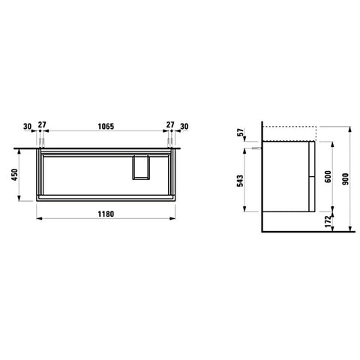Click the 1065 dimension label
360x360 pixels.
[x=106, y=126]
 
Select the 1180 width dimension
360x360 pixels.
[x=106, y=214]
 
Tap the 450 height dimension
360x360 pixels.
[x=15, y=175]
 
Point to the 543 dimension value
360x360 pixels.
[x=240, y=181]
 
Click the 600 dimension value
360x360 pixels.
[x=328, y=176]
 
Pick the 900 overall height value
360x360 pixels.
[x=345, y=178]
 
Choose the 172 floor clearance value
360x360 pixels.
[x=328, y=221]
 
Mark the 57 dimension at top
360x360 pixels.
[x=240, y=132]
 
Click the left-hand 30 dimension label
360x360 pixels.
[x=27, y=127]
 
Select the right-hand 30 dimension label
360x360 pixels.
[x=184, y=127]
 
